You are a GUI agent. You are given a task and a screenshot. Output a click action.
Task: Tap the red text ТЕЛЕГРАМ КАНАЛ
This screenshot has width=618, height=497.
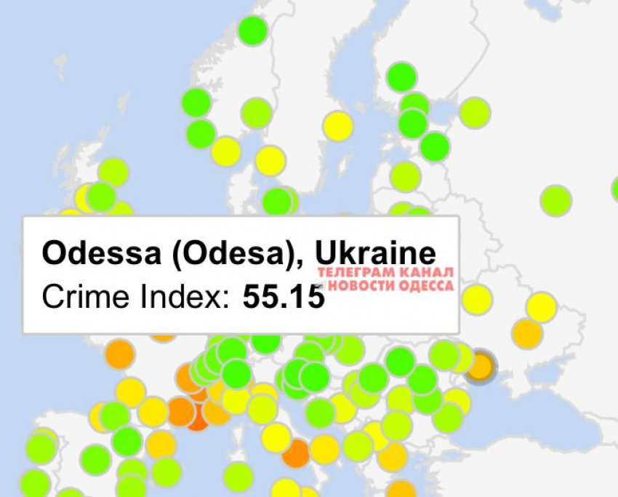point(386,272)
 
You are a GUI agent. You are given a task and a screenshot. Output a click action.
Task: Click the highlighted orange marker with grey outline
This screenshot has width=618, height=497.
point(480,365)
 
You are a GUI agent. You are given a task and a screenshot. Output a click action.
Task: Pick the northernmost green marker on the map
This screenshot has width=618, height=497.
point(252,31)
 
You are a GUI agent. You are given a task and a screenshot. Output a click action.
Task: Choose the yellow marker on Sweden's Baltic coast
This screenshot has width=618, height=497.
point(337,126)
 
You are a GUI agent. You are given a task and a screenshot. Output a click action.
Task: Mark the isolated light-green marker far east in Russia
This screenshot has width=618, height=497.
point(555,200)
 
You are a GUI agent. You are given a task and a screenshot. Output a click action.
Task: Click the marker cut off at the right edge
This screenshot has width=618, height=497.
point(615,188)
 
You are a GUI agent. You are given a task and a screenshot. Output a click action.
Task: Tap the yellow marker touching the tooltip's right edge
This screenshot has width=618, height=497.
point(476,299)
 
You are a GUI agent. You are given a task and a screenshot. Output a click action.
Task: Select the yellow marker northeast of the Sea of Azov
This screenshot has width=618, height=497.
point(541,307)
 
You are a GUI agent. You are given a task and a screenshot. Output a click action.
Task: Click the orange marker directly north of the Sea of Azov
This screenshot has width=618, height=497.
point(527,333)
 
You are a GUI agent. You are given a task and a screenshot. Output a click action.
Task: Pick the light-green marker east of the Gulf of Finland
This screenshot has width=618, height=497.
point(474,113)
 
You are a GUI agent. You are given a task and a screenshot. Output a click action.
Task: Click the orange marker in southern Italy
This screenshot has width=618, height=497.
point(296,453)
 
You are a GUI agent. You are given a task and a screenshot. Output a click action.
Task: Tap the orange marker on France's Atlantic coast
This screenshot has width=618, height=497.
point(119,354)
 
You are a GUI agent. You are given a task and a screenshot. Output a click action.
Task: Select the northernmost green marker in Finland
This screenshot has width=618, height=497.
point(401,77)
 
